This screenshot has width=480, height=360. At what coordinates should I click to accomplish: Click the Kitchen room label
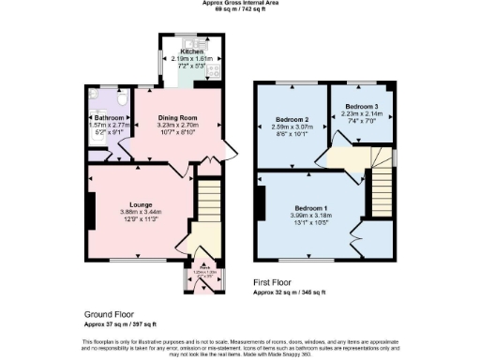click(x=191, y=52)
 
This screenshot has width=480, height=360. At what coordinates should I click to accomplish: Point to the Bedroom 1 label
click(x=311, y=206)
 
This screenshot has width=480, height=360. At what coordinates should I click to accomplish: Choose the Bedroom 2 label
click(x=292, y=121)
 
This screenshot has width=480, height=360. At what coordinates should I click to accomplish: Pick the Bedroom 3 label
click(x=363, y=108)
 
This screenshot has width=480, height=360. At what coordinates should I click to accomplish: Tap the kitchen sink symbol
click(x=190, y=42)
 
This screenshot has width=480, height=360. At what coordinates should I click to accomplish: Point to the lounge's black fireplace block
click(x=91, y=212)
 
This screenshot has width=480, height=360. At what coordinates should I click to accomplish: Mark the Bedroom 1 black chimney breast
click(x=262, y=204)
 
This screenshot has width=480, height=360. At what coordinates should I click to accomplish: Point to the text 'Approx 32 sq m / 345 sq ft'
click(x=290, y=292)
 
